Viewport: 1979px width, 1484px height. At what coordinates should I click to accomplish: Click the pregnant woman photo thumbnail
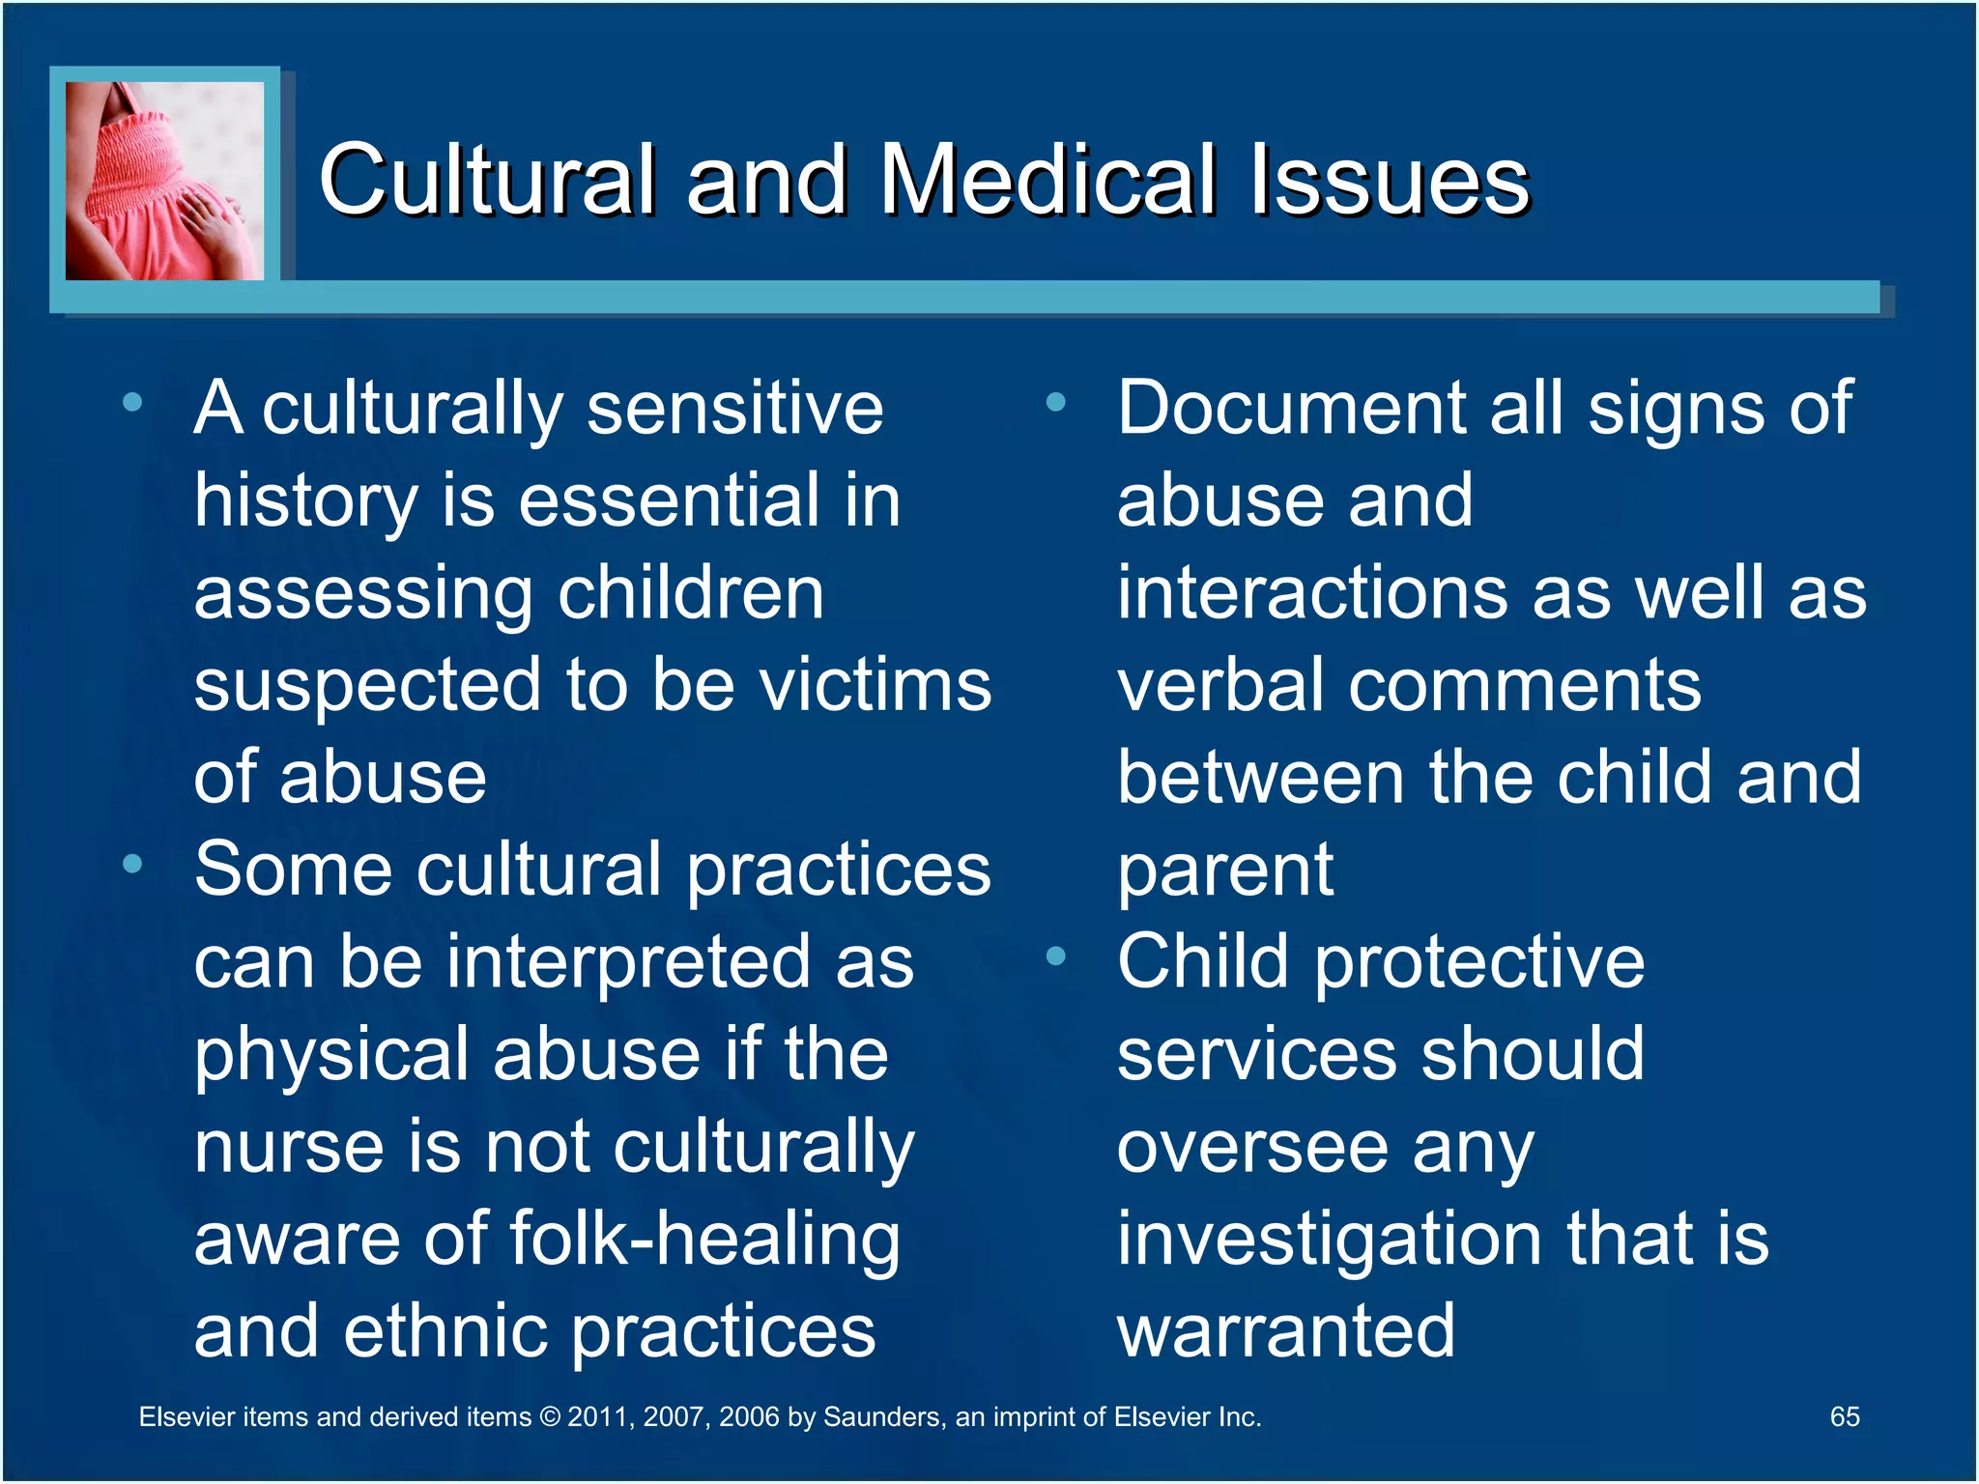tap(164, 181)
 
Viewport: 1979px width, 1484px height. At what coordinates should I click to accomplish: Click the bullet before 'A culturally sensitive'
tap(132, 402)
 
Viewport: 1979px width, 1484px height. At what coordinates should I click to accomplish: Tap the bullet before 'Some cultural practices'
tap(132, 863)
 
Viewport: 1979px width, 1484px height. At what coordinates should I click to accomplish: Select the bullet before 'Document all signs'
tap(1055, 402)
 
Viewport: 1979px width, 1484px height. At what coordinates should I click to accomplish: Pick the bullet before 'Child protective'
tap(1055, 956)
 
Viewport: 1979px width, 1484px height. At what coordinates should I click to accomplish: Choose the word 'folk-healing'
tap(704, 1240)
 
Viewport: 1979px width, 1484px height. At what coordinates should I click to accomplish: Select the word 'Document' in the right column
tap(1291, 408)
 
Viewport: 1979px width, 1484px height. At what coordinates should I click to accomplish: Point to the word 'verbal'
tap(1219, 685)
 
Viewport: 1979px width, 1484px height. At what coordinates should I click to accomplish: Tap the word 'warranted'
tap(1285, 1331)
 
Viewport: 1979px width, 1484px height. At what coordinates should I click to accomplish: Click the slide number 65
tap(1844, 1416)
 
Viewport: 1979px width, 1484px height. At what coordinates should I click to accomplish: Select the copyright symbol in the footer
tap(549, 1417)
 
